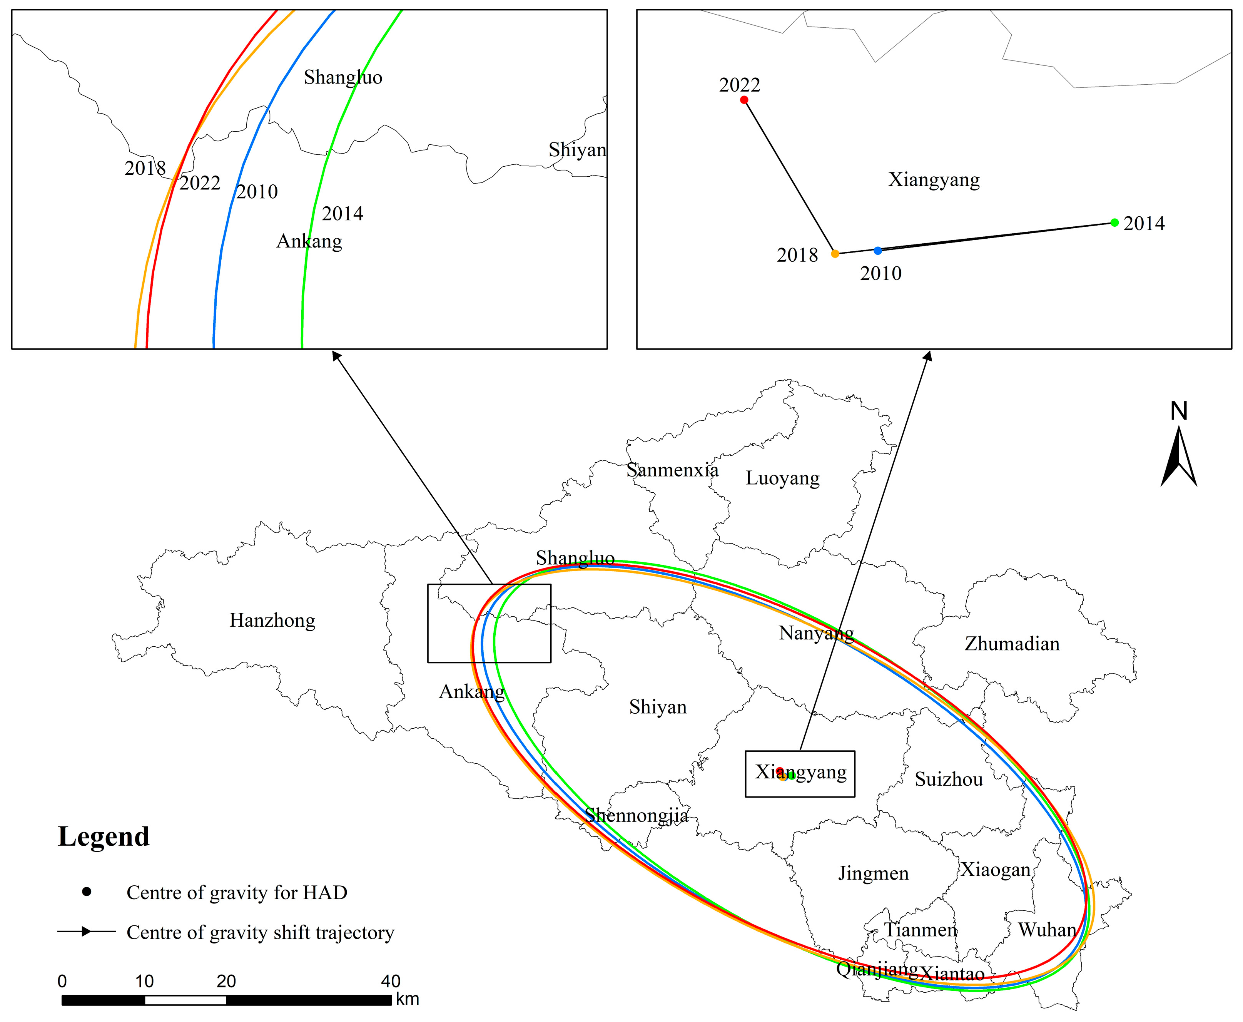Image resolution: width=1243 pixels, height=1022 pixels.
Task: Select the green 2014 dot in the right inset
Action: pyautogui.click(x=1114, y=222)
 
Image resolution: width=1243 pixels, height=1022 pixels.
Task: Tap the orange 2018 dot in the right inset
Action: pyautogui.click(x=835, y=254)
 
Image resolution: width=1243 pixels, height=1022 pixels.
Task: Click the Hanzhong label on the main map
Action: pyautogui.click(x=272, y=621)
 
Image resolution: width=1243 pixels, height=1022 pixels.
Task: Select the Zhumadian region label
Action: pyautogui.click(x=1012, y=644)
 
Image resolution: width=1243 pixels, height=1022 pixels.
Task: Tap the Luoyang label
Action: pyautogui.click(x=782, y=478)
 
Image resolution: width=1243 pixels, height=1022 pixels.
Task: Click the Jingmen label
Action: pyautogui.click(x=874, y=873)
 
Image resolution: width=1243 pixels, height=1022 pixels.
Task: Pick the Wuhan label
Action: pyautogui.click(x=1047, y=930)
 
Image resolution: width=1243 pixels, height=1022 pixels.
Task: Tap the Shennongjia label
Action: pyautogui.click(x=636, y=815)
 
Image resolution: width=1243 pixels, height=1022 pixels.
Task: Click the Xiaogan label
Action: pyautogui.click(x=996, y=870)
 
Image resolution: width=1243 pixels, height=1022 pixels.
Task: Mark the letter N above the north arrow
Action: pyautogui.click(x=1178, y=411)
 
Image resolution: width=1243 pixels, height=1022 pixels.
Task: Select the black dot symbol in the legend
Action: pyautogui.click(x=87, y=892)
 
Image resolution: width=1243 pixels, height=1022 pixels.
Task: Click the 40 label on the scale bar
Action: pyautogui.click(x=390, y=981)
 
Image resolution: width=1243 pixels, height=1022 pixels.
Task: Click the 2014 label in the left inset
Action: pyautogui.click(x=342, y=214)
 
